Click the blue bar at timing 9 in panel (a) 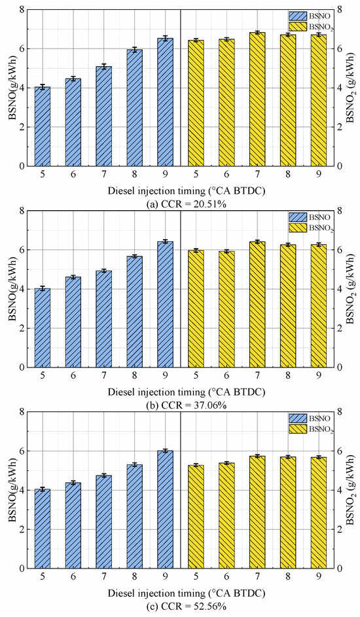tap(165, 102)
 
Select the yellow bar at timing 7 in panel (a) tap(257, 99)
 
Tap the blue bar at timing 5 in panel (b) tap(43, 327)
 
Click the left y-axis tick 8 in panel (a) tap(22, 9)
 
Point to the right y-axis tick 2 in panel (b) tap(339, 328)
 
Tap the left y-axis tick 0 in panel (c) tap(22, 569)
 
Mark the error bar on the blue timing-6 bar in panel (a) tap(73, 79)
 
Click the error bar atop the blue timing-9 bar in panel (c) tap(165, 451)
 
